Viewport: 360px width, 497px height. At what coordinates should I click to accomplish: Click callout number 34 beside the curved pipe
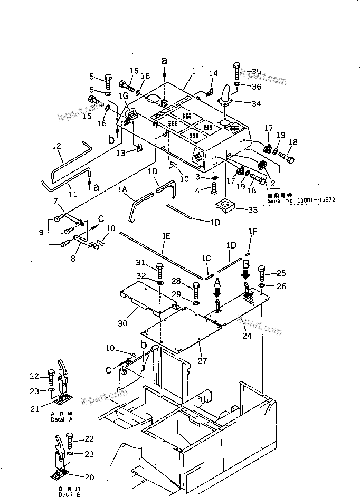[x=255, y=103]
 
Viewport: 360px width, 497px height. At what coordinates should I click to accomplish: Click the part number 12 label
[x=57, y=146]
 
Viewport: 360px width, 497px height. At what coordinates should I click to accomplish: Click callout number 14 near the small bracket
[x=213, y=73]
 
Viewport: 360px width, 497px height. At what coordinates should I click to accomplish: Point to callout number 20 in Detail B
[x=89, y=477]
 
